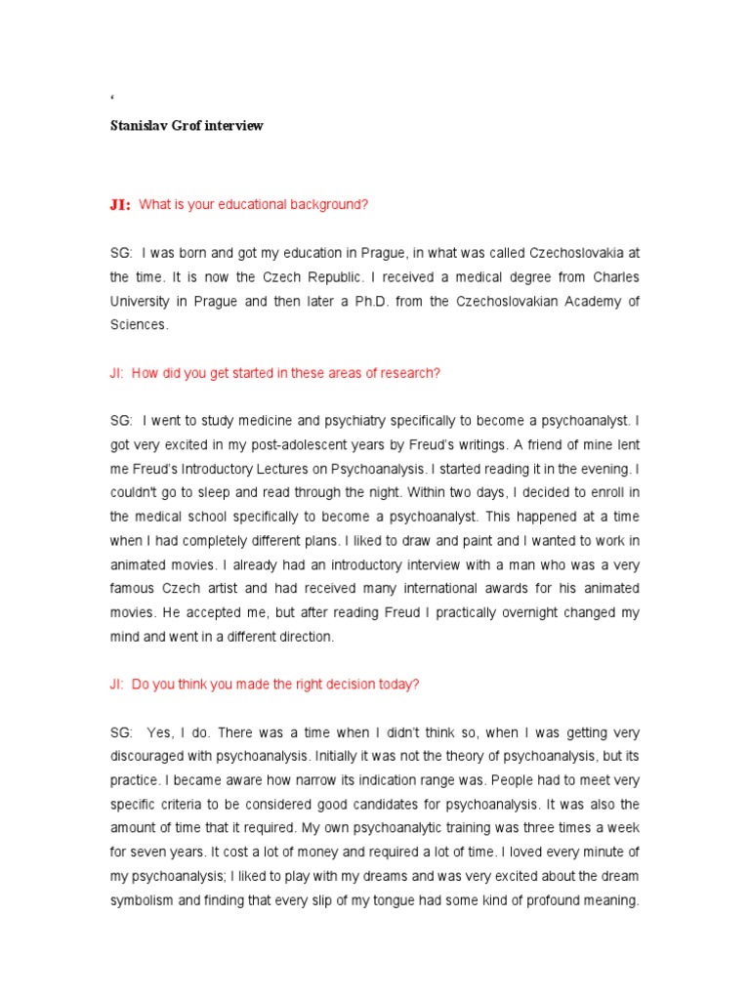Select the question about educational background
click(x=254, y=205)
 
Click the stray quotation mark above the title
click(x=112, y=98)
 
